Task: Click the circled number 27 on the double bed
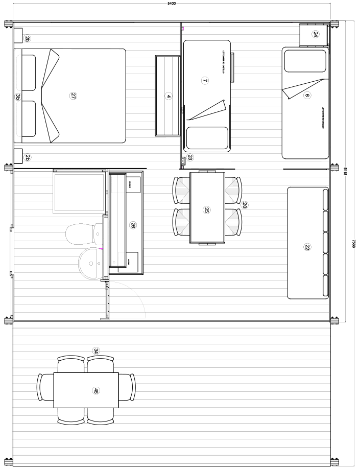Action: (x=74, y=96)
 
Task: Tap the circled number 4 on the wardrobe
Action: (x=169, y=96)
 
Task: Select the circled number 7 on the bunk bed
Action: (x=205, y=80)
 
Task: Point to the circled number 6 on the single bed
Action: (x=307, y=95)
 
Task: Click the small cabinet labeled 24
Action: (x=315, y=35)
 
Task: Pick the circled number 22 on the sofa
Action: (x=307, y=247)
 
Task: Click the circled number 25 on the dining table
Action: (x=207, y=209)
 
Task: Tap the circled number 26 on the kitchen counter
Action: (x=133, y=225)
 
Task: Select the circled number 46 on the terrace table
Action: (x=95, y=391)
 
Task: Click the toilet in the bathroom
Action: (x=82, y=234)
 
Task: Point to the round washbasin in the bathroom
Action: (x=91, y=264)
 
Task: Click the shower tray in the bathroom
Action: (x=79, y=193)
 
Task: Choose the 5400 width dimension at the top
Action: (x=172, y=3)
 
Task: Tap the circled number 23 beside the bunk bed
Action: (x=190, y=157)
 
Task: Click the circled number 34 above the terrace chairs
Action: (x=96, y=350)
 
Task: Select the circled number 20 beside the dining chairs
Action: (x=245, y=205)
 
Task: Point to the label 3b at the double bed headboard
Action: (x=17, y=96)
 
